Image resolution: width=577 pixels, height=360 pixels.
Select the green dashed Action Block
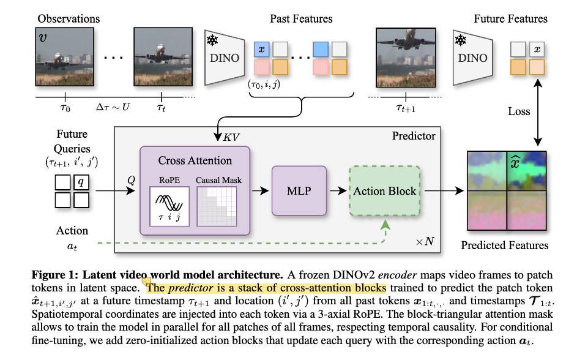click(384, 191)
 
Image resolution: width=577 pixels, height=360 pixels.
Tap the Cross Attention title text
click(195, 161)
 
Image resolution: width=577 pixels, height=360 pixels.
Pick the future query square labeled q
click(81, 181)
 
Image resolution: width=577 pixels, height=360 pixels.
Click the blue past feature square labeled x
click(261, 49)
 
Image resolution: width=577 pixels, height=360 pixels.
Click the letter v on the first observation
click(43, 37)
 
